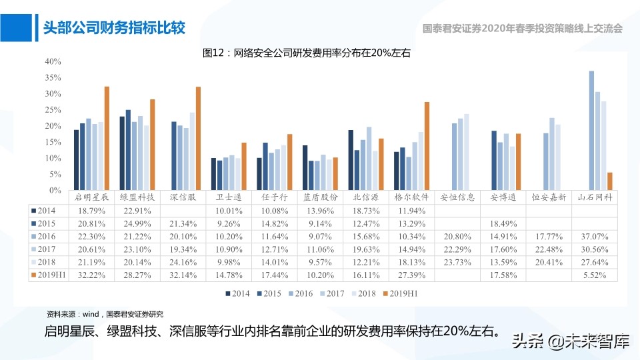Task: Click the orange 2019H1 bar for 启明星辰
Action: click(x=107, y=139)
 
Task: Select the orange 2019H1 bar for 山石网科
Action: click(x=610, y=181)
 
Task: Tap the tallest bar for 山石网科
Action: click(x=591, y=131)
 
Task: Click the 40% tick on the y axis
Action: click(x=53, y=61)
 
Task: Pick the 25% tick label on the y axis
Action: click(x=53, y=109)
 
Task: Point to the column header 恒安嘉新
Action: click(x=549, y=197)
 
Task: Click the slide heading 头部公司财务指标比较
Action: click(x=113, y=27)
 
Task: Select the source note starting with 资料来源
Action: click(x=105, y=313)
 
